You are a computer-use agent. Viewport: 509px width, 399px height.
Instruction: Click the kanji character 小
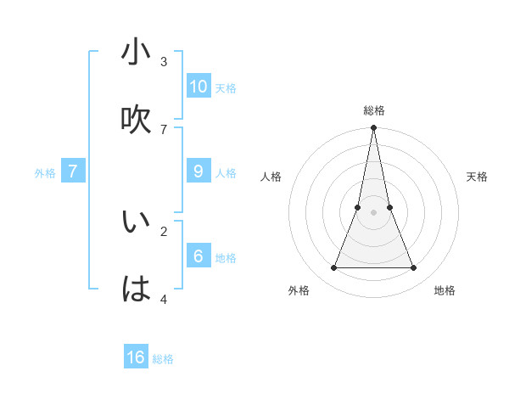(136, 53)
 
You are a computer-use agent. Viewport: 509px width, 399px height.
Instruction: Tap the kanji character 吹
(136, 120)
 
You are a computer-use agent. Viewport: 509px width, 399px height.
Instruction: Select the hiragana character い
(136, 222)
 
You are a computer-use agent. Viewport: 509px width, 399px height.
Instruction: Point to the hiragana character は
(136, 289)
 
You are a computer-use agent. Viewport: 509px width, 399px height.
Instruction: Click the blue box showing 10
(199, 86)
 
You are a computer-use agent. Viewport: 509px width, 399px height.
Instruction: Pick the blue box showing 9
(199, 171)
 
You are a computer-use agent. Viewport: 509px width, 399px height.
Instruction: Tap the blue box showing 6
(199, 256)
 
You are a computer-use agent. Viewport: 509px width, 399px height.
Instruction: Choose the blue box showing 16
(136, 357)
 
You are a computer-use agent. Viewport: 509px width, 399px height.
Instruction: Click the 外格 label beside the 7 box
(45, 172)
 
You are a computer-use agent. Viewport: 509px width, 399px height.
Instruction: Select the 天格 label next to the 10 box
(225, 88)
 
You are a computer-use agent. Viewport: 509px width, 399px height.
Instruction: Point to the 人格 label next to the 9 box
(225, 173)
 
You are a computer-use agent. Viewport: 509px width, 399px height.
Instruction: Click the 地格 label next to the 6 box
(225, 258)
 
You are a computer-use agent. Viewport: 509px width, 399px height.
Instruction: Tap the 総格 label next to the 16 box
(163, 360)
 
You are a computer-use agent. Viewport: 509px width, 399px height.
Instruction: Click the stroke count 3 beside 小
(164, 61)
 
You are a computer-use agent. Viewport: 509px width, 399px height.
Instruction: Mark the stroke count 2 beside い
(164, 230)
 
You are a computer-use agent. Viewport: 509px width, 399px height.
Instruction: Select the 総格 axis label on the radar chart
(373, 110)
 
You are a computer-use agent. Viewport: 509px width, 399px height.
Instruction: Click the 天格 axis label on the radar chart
(477, 177)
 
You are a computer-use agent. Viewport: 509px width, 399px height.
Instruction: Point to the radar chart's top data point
(373, 128)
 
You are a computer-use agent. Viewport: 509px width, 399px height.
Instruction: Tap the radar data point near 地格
(414, 268)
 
